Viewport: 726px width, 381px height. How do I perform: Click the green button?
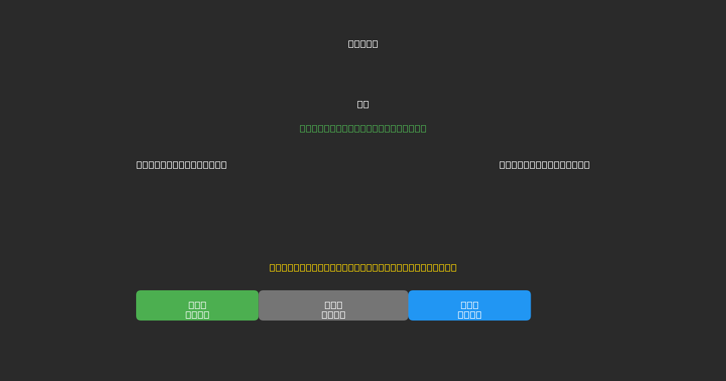point(197,305)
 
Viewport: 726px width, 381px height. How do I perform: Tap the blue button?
point(469,305)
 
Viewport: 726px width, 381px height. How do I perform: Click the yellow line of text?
point(363,267)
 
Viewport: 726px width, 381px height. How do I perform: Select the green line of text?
point(363,128)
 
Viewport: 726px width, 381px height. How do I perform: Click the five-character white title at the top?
point(363,44)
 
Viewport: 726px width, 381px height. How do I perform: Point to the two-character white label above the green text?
point(363,104)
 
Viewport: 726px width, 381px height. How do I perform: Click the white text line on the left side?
point(181,164)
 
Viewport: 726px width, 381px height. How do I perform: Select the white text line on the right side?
point(544,164)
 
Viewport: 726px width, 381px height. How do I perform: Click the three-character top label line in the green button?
point(197,305)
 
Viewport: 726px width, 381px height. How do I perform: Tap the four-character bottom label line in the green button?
point(197,314)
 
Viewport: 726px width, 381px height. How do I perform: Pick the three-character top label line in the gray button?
point(333,305)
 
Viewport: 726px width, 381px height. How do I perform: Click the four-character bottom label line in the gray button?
point(333,314)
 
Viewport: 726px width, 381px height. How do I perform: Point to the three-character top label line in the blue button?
point(469,305)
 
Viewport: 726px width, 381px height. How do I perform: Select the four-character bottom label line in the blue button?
point(469,314)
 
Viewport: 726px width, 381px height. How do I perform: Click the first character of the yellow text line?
point(273,267)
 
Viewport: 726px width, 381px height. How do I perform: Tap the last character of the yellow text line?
point(453,267)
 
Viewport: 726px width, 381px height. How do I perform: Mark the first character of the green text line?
point(304,128)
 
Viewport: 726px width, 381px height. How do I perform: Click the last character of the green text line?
point(422,128)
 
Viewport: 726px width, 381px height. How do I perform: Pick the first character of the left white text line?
point(140,164)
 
